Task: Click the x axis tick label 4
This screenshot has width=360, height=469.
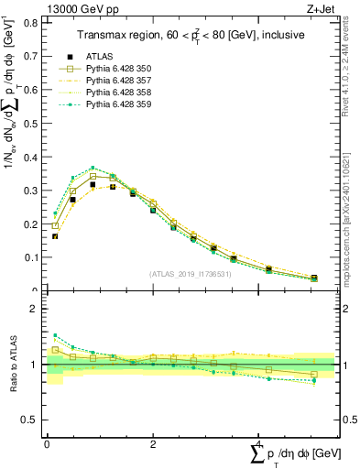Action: click(x=258, y=442)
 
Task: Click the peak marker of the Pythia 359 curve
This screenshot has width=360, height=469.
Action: click(x=93, y=168)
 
